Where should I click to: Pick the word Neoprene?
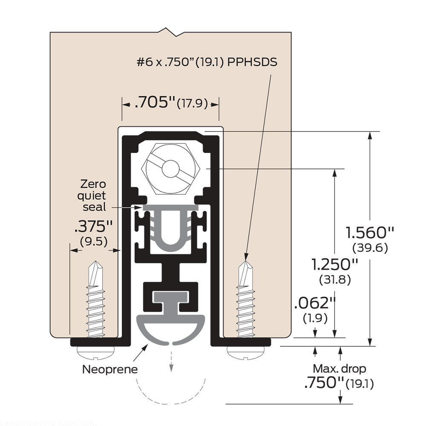click(110, 369)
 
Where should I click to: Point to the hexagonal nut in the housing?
click(171, 167)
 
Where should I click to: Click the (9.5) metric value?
click(93, 242)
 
